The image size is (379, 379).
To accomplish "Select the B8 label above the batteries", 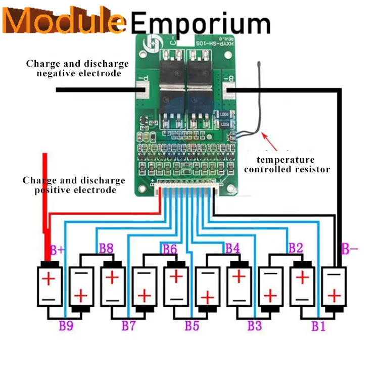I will click(106, 248).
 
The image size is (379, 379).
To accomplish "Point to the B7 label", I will click(128, 325).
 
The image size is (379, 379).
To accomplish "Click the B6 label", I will click(170, 249).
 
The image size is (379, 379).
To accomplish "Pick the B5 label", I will click(192, 325).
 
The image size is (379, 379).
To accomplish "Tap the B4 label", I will click(232, 248).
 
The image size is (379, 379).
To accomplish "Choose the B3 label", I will click(255, 325).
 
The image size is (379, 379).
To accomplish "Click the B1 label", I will click(318, 326).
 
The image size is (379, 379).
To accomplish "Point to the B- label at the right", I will click(350, 249).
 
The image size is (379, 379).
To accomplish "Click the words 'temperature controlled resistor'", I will click(287, 165).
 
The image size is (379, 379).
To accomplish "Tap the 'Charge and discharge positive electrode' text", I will click(74, 185).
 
